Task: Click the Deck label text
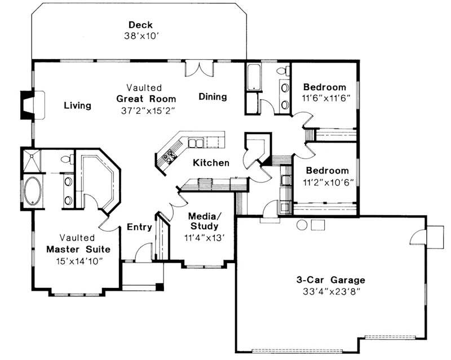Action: coord(140,24)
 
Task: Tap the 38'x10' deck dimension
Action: coord(140,35)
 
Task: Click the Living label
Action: coord(77,105)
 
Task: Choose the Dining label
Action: coord(213,96)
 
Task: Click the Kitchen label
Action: coord(211,163)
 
